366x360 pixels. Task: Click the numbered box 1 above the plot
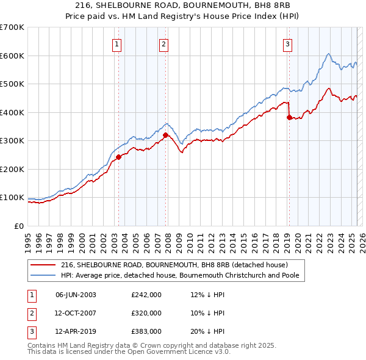tap(116, 43)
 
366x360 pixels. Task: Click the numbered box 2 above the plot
tap(164, 43)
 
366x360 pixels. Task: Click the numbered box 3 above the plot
tap(287, 43)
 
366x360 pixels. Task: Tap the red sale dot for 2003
tap(118, 157)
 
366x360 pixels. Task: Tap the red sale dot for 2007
tap(165, 135)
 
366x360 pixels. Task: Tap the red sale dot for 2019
tap(289, 117)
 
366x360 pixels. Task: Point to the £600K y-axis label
tap(12, 56)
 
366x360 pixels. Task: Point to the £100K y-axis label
tap(12, 198)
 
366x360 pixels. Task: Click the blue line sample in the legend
tap(44, 276)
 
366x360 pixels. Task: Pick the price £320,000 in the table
tap(146, 313)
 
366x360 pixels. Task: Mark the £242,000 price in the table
tap(146, 295)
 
